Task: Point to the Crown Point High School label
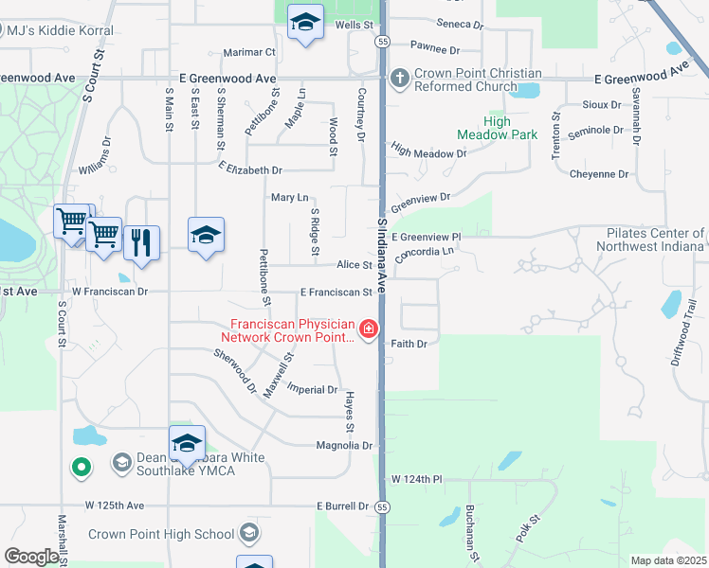tap(161, 534)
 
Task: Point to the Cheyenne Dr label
tap(600, 173)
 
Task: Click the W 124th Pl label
tap(417, 480)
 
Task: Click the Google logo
tap(30, 557)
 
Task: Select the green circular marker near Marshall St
tap(82, 466)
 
